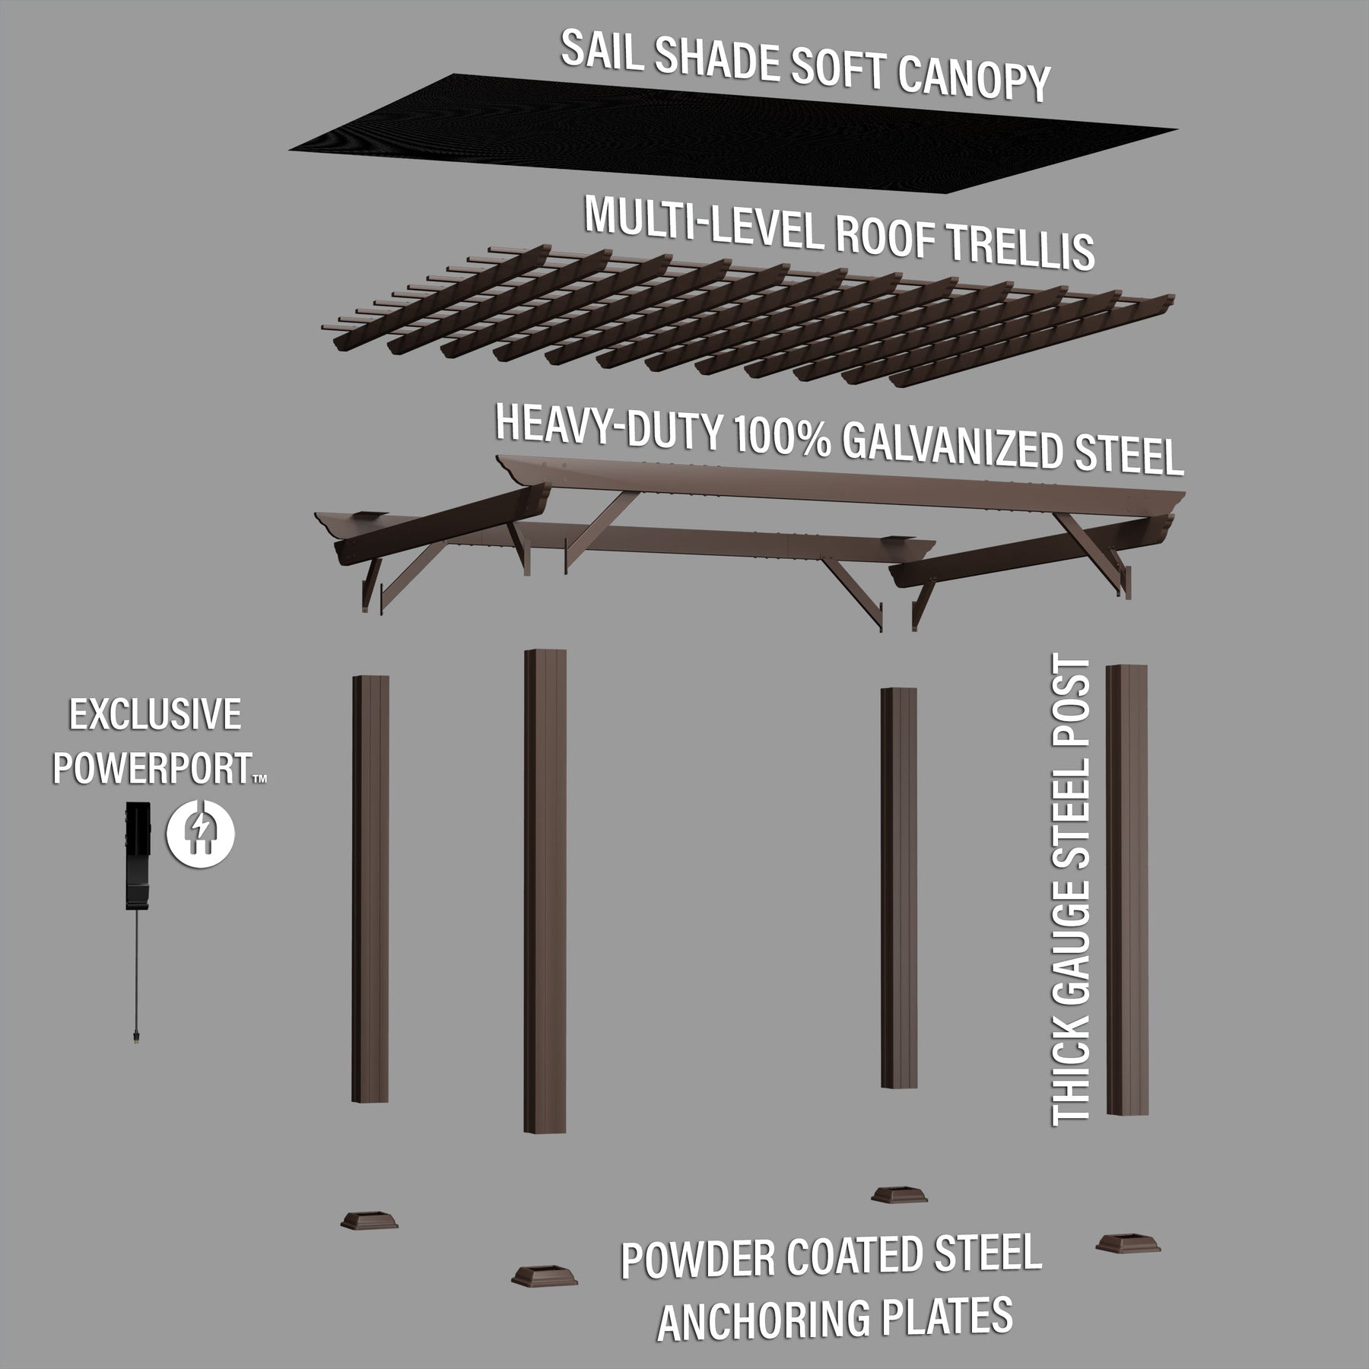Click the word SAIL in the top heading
600,52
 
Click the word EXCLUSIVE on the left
155,716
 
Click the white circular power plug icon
200,834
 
